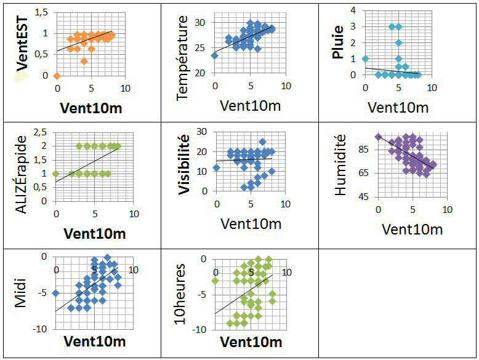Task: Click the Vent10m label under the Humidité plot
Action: [412, 230]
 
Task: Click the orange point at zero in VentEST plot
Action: [57, 76]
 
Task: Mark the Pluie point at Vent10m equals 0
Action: [365, 59]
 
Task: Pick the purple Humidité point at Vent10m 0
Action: [378, 137]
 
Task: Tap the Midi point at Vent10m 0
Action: [56, 293]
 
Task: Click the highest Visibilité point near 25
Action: [262, 142]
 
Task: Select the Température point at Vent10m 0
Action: [215, 55]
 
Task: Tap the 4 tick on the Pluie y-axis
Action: [353, 10]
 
